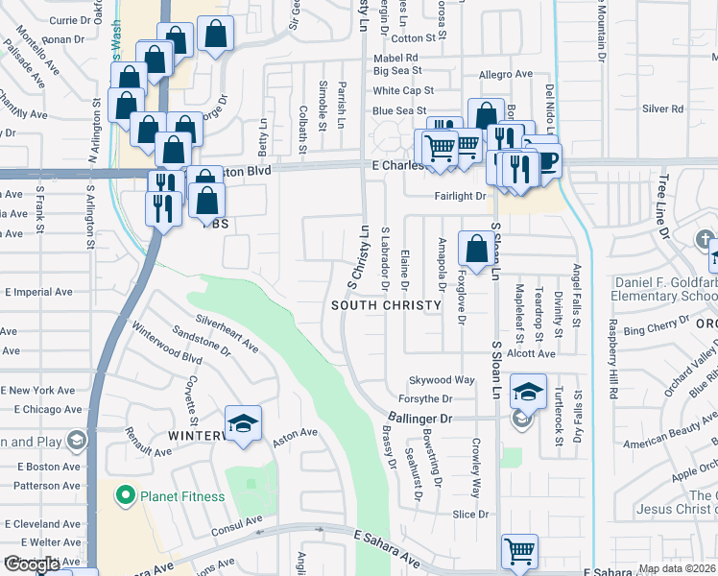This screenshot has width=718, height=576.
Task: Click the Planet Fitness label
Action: click(182, 496)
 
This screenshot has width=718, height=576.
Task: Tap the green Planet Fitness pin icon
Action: click(123, 496)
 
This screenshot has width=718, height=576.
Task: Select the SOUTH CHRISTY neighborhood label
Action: click(386, 305)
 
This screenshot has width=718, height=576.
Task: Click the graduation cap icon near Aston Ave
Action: click(243, 423)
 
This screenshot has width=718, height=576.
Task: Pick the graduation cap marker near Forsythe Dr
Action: click(528, 392)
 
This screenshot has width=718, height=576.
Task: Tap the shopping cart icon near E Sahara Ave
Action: click(519, 551)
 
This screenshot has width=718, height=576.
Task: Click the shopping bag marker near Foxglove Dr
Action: click(476, 250)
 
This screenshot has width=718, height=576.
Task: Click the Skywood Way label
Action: click(443, 380)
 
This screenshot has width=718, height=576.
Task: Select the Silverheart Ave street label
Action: click(227, 330)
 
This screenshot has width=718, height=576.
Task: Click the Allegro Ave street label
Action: click(505, 74)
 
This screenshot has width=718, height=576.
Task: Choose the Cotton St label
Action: click(414, 38)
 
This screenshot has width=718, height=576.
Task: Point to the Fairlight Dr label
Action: click(459, 196)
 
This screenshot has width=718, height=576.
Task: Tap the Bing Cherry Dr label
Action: click(651, 330)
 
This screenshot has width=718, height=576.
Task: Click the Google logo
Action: click(32, 565)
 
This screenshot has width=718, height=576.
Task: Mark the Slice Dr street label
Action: click(470, 515)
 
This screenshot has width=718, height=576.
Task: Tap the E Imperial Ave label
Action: click(38, 292)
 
